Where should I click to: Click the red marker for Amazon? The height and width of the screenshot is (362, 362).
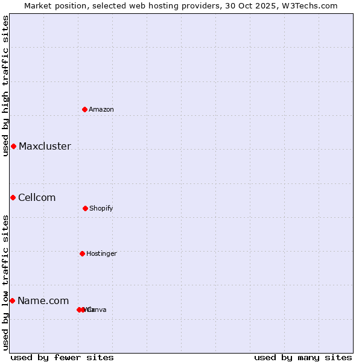point(85,109)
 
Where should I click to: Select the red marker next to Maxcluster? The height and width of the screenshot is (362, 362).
point(13,146)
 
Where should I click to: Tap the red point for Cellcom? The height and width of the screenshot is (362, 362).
point(13,197)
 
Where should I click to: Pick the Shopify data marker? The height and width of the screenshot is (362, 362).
point(85,208)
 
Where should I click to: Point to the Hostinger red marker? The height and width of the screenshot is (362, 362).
point(82,253)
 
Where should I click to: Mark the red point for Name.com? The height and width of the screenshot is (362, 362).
point(12,300)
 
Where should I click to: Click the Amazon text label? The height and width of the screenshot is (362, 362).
point(101,109)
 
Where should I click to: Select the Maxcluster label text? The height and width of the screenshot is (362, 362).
point(45,146)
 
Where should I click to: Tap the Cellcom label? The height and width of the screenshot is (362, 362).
point(37,197)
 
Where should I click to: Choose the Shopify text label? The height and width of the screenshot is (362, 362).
point(101,208)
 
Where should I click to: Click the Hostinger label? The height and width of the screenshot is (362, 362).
point(101,253)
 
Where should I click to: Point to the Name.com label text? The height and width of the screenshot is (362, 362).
point(43,300)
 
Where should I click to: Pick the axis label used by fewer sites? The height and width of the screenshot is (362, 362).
point(62,357)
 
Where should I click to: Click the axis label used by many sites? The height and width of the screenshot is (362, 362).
point(303,357)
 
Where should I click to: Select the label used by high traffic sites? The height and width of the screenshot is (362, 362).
point(5,86)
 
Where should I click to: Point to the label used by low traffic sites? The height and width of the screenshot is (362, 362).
point(5,282)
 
